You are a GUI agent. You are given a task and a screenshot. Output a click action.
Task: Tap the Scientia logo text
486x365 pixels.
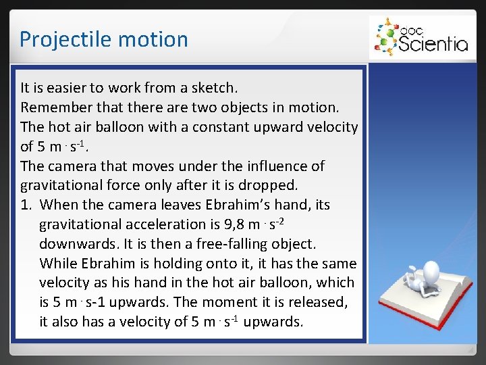433,44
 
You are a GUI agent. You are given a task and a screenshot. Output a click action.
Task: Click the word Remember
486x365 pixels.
53,107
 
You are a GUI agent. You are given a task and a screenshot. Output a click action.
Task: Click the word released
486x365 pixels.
328,303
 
